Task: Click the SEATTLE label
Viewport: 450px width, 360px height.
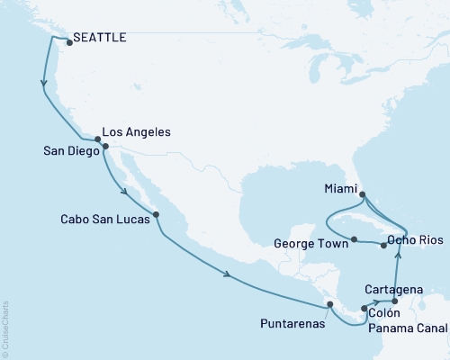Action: [101, 38]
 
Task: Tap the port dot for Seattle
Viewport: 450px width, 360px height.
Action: [69, 41]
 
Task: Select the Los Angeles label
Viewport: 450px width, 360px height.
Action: [136, 131]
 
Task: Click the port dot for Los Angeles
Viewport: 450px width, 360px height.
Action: [98, 139]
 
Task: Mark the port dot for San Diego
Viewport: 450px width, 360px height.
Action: [105, 146]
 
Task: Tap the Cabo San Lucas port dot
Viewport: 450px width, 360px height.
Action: [157, 214]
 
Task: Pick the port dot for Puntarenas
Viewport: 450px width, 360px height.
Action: [330, 305]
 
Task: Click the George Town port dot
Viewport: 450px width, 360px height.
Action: [355, 239]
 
